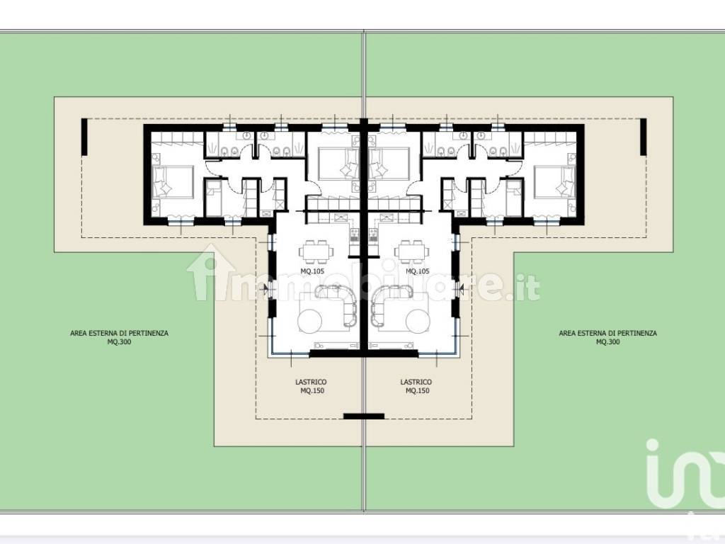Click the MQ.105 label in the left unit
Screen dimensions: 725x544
pos(312,271)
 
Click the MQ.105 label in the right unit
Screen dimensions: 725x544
pos(418,271)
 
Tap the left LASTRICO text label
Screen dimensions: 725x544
pos(312,382)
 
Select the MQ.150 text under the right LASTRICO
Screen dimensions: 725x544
pos(418,390)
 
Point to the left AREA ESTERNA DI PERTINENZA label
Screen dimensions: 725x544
pos(119,333)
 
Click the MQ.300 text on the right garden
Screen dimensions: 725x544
pos(608,342)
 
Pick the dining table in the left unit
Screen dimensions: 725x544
pos(316,251)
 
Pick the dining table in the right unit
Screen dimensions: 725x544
pos(411,251)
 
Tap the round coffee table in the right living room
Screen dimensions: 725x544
pos(419,320)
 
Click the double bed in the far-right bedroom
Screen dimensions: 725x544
pos(555,182)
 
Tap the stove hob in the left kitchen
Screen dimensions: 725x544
pos(355,235)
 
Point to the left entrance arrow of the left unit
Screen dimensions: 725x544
pos(265,290)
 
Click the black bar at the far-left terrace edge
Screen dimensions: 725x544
pos(84,137)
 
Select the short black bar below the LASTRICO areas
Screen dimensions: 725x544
pos(364,416)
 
